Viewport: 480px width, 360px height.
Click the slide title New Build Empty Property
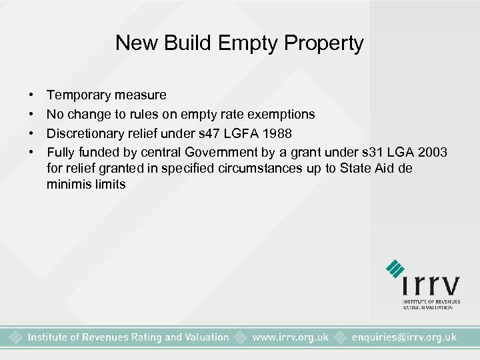(239, 43)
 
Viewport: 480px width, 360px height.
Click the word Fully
(60, 152)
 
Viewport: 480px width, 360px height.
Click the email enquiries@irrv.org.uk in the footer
(403, 337)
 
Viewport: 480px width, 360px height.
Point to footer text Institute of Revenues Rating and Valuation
(128, 337)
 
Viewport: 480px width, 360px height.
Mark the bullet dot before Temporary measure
(32, 96)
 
